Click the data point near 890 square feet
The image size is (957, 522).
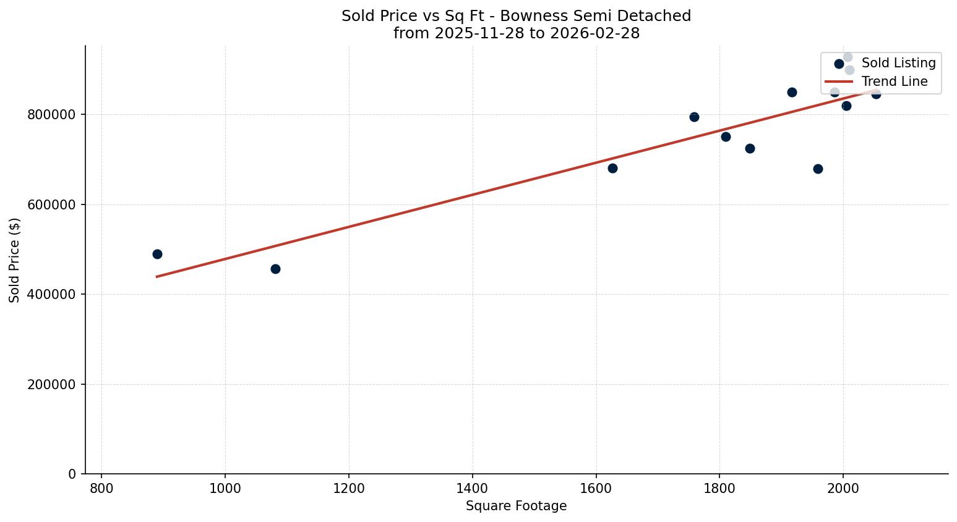tap(157, 254)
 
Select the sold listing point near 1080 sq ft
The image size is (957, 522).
tap(275, 269)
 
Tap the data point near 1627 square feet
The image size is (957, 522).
tap(612, 168)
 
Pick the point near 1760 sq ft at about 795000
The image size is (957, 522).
tap(694, 117)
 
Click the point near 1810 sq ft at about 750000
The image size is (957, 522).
tap(726, 137)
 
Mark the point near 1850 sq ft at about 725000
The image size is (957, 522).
tap(750, 148)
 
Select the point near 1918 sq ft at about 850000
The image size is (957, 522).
tap(792, 92)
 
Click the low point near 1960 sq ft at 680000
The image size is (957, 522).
tap(818, 169)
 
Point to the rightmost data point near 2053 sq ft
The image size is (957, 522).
tap(876, 94)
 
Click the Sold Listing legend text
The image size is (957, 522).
tap(898, 63)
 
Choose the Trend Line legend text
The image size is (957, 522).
tap(895, 82)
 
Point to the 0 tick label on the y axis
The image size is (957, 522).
tap(72, 474)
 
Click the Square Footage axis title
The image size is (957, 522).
tap(516, 506)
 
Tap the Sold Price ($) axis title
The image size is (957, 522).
tap(15, 260)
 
